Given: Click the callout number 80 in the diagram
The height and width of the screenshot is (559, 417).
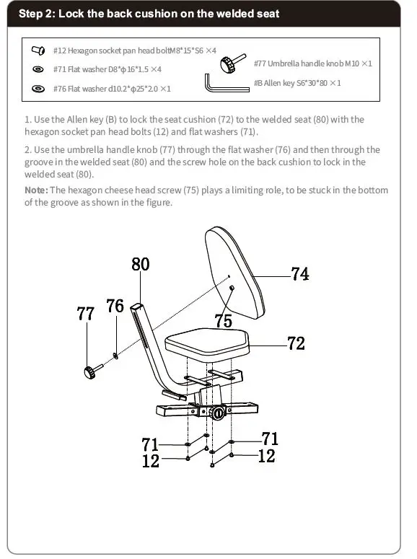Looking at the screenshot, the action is point(141,264).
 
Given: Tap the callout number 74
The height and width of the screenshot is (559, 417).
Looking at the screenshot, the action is point(300,274).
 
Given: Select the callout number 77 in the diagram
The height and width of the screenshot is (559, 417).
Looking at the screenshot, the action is point(86,314).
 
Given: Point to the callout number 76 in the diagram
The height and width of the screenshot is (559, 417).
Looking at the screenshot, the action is point(115,306).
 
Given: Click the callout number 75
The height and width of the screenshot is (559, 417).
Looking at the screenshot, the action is point(224,320).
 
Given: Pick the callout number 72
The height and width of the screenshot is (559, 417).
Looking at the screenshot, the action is point(296,343).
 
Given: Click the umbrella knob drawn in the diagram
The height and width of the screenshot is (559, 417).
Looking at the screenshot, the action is point(93,371).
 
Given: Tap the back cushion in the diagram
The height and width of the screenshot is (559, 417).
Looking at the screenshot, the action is point(235,273).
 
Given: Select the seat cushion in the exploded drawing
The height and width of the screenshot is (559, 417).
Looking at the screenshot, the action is point(207,342).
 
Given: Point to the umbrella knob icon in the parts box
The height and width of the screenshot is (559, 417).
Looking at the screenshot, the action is point(232,63).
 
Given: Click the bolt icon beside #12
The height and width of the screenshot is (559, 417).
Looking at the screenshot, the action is point(38,50).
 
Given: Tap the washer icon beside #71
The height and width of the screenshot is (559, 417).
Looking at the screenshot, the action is point(38,69).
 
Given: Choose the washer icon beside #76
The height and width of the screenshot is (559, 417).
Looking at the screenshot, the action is point(38,89).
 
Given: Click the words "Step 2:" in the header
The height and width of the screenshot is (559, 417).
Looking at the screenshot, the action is point(36,14).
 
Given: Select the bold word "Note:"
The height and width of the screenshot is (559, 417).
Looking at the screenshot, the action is point(36,190).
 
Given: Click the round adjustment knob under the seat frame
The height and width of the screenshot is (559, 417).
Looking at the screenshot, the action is point(217,413).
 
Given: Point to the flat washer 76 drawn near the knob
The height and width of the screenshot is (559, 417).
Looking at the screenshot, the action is point(115,356).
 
